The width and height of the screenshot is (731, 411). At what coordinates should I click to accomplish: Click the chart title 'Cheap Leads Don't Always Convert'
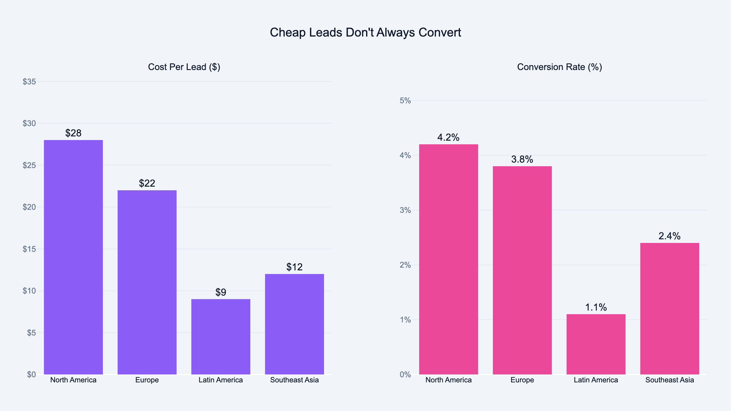[365, 33]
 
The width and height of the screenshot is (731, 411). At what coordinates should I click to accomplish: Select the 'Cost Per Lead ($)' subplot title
[184, 67]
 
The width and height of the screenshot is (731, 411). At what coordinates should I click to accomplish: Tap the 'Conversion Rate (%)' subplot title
[559, 67]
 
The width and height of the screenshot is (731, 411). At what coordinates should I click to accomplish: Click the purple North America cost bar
[73, 257]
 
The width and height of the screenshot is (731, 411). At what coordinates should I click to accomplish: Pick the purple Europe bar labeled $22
[147, 282]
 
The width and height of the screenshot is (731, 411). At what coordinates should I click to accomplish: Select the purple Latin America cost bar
[221, 337]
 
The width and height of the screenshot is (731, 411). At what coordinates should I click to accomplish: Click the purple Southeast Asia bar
[295, 324]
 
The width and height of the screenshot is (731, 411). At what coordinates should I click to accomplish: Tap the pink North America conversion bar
[448, 259]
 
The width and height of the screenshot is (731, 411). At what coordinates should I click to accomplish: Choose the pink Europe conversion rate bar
[522, 270]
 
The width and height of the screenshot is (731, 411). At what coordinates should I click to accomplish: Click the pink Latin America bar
[596, 344]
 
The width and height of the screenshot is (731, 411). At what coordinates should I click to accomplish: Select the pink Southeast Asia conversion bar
[669, 309]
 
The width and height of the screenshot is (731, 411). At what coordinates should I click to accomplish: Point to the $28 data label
[73, 133]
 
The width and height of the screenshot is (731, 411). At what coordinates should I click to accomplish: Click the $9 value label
[221, 292]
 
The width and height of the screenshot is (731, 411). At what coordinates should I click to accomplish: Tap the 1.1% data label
[596, 307]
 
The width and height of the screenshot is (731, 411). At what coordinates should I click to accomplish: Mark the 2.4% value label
[669, 236]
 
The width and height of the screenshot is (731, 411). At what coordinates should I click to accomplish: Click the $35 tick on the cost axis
[29, 82]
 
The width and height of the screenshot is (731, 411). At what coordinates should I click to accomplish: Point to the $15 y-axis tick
[29, 249]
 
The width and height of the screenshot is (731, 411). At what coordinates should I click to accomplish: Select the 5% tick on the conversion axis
[405, 100]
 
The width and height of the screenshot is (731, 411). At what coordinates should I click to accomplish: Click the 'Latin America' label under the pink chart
[596, 380]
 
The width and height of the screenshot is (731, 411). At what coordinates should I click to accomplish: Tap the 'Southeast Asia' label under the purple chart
[295, 380]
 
